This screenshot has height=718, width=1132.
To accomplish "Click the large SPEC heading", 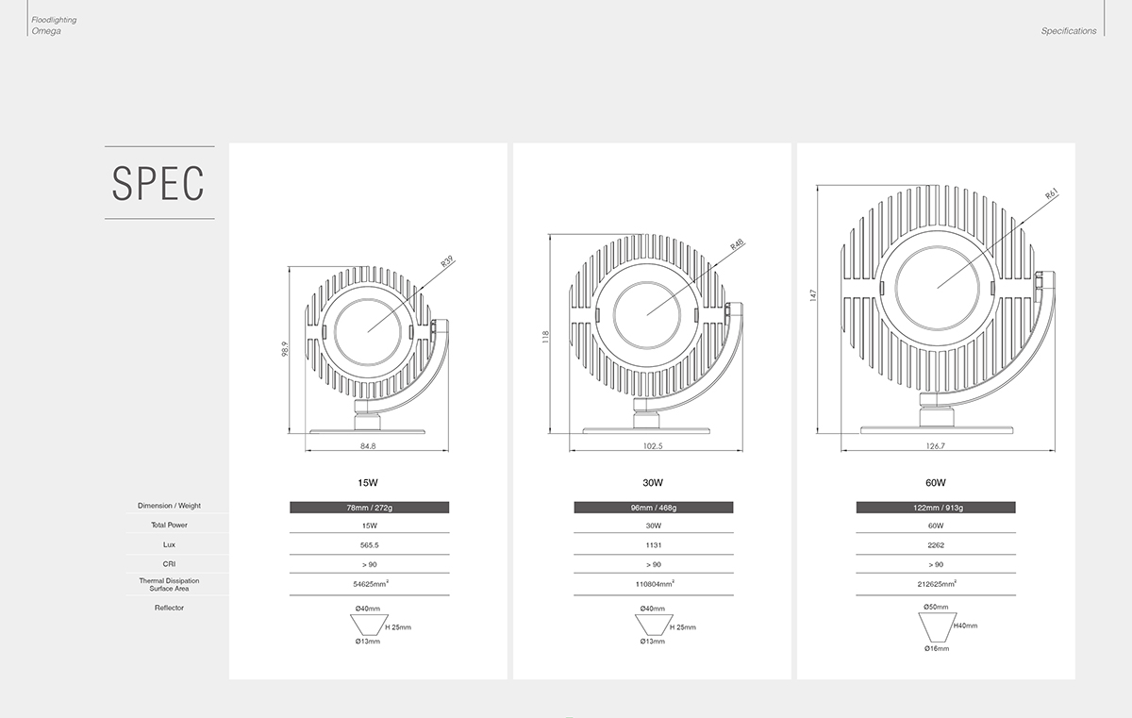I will coord(158,183).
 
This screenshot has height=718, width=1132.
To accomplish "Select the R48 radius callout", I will coord(737,244).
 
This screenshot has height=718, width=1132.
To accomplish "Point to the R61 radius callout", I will coord(1052,195).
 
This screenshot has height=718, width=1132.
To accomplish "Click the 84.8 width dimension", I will coord(368,445).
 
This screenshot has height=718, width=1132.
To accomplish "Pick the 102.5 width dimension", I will coord(653,445).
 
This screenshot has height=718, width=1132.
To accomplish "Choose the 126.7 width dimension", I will coord(936,445).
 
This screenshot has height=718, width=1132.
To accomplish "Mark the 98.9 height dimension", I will coord(284,350).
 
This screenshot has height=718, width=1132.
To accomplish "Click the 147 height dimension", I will coord(813,296).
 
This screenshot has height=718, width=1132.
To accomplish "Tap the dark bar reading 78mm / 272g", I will coord(369,508).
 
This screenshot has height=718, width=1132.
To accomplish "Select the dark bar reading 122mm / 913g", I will coord(936,508).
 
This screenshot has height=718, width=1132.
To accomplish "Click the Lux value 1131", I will coord(653,544).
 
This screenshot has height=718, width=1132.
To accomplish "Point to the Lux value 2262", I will coord(936,544).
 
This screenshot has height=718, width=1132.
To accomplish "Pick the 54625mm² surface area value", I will coord(369,584).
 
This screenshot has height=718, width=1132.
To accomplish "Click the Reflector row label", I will coord(169,608).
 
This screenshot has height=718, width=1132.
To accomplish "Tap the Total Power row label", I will coord(169,525).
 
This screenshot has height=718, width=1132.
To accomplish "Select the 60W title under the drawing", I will coord(936,482).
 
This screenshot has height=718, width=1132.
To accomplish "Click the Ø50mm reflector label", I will coord(936,607).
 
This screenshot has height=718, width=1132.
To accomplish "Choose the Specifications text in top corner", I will coord(1069,31).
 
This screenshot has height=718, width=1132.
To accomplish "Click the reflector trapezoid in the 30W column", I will coord(652,626).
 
